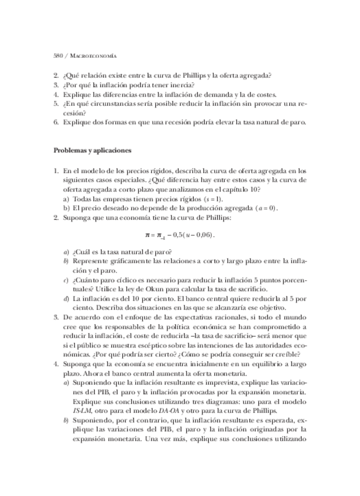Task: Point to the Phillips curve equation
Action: (x=180, y=235)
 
